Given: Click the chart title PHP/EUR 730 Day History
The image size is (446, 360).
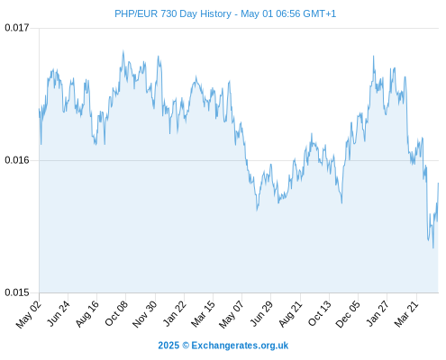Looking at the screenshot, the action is click(x=173, y=13).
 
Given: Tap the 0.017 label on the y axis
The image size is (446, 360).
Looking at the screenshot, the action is click(x=17, y=28).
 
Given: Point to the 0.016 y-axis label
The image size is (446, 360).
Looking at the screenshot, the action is click(x=17, y=160).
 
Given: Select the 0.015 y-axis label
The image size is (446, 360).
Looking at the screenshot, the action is click(x=17, y=292).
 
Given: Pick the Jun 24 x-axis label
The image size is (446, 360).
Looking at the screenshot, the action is click(x=59, y=313).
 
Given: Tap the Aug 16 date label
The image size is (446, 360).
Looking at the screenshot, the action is click(x=87, y=314).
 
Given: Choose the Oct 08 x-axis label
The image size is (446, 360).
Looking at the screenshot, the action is click(x=116, y=313).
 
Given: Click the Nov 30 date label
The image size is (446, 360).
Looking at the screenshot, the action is click(x=145, y=314).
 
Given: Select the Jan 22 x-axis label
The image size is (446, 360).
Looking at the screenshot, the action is click(x=175, y=313).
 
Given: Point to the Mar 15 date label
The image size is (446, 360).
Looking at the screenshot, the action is click(x=204, y=314).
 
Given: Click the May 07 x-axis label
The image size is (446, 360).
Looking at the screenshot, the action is click(x=232, y=314).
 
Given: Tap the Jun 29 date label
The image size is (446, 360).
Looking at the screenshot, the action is click(x=261, y=313).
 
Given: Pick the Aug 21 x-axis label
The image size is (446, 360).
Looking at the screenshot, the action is click(x=290, y=314).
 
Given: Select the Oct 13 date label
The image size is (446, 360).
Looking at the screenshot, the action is click(x=320, y=313).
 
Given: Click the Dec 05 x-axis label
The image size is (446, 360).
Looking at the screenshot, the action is click(x=348, y=314).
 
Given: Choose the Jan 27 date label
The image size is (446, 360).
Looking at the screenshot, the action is click(x=378, y=313).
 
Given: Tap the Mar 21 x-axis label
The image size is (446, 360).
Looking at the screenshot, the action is click(x=406, y=314).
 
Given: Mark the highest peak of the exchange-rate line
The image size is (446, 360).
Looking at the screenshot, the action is click(x=123, y=50).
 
